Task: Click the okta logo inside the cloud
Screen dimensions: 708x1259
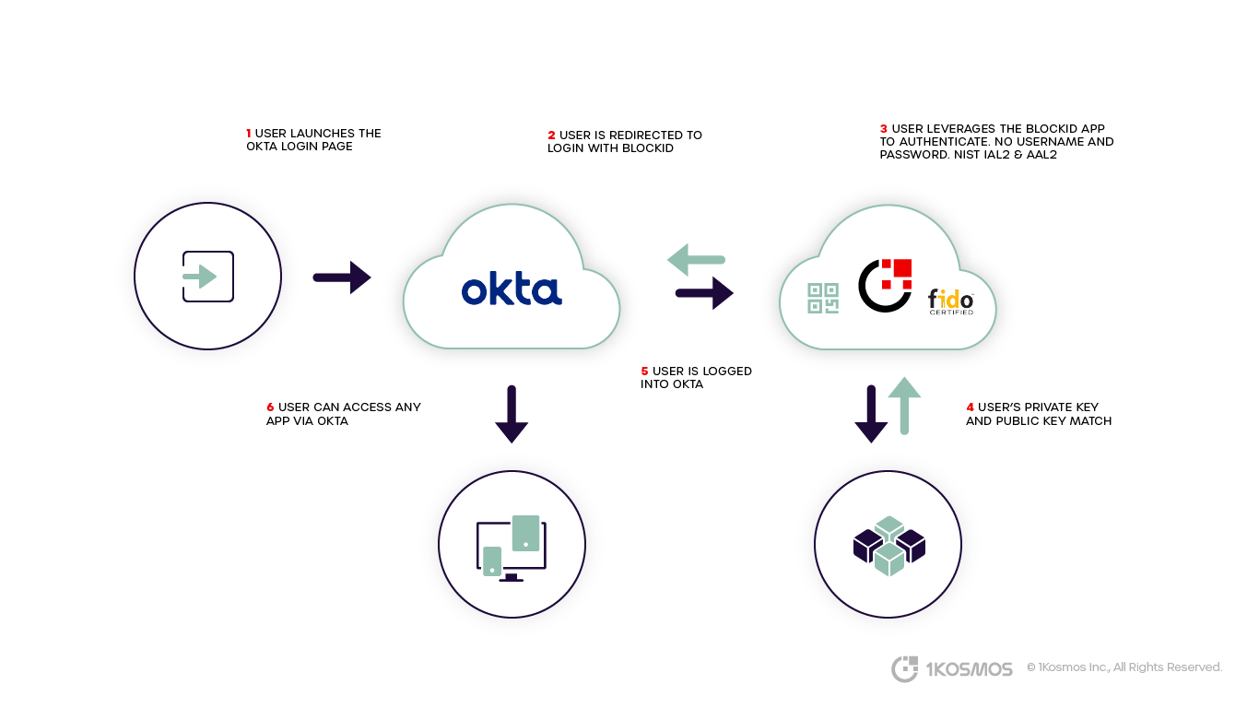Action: pos(512,289)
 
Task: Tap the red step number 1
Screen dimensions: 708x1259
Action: pos(249,134)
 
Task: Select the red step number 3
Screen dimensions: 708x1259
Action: pos(884,129)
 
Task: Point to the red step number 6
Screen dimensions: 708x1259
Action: pos(270,407)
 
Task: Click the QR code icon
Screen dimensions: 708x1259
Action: pos(823,298)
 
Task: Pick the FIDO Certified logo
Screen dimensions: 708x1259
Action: pos(950,301)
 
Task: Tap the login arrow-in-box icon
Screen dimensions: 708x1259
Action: pos(207,277)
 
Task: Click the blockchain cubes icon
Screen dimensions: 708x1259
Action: pos(888,546)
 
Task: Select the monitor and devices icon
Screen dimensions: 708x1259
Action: pos(511,548)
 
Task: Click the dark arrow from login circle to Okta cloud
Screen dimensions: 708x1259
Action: pos(341,277)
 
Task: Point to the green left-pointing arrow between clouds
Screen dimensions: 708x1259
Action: pos(696,259)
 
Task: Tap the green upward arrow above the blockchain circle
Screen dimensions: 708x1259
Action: pos(904,405)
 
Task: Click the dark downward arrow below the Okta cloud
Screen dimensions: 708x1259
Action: pos(512,414)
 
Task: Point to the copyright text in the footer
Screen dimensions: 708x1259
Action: pos(1124,667)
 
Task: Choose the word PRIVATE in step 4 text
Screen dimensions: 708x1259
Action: pos(1050,407)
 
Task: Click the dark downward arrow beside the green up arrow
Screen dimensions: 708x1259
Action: pos(870,414)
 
